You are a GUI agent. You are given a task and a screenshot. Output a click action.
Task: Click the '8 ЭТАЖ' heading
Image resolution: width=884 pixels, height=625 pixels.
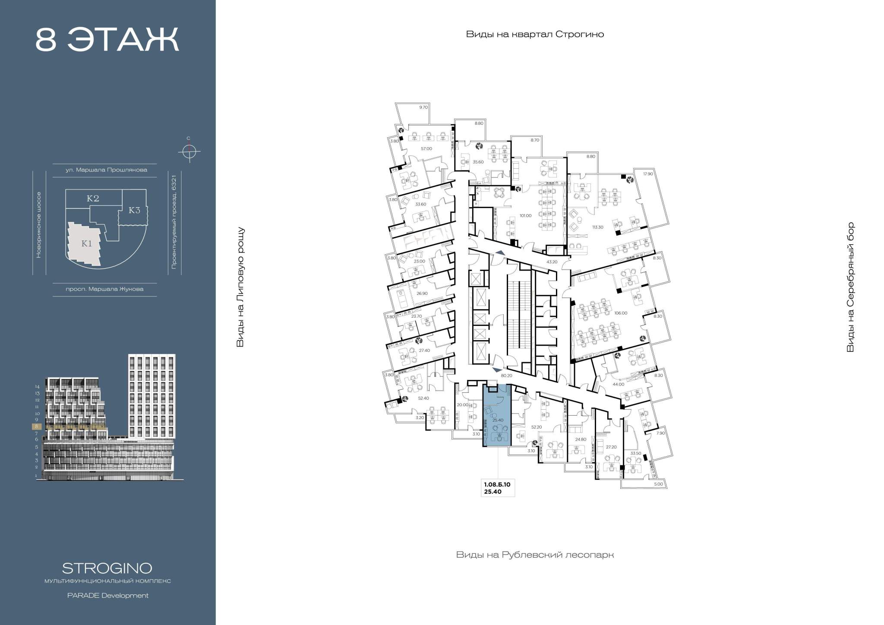pos(107,40)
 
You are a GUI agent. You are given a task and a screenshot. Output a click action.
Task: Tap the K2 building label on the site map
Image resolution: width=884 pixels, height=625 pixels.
pos(93,198)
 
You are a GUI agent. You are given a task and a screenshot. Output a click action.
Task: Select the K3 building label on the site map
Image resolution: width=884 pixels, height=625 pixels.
pos(135,210)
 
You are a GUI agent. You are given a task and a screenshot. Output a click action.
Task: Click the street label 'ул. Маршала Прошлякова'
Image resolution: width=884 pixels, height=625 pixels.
pos(106,170)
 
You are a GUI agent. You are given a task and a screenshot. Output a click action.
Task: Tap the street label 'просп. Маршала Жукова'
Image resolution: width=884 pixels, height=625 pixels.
pos(104,289)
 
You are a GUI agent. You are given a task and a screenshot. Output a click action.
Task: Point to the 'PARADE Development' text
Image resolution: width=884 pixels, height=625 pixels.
pos(107,595)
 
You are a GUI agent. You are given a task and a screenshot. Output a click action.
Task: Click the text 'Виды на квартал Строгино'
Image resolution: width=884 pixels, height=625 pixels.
pos(535,35)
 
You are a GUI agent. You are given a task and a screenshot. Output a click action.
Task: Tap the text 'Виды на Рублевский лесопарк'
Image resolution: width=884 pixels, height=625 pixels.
pos(535,555)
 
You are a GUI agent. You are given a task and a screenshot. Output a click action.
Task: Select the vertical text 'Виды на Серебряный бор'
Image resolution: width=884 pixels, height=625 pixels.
pos(850,287)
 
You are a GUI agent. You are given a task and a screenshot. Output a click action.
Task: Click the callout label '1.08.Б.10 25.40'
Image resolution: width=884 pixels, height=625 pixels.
pos(497,488)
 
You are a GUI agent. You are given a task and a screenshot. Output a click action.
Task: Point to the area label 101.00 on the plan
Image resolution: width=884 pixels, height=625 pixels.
pos(525,215)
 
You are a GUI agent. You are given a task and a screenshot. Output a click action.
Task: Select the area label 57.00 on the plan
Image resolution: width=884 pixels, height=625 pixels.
pos(426,148)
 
